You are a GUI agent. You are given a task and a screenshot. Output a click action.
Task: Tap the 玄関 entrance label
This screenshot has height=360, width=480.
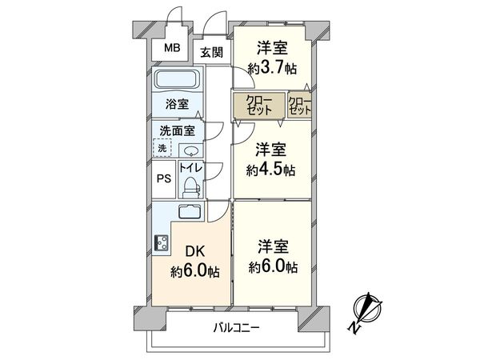pyautogui.click(x=212, y=53)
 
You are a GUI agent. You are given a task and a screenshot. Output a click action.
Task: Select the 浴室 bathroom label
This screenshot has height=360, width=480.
pyautogui.click(x=177, y=104)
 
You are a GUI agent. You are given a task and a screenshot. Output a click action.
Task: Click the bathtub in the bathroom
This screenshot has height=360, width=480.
pyautogui.click(x=177, y=82)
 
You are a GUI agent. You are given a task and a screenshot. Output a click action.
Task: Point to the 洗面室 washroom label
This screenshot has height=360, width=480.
pyautogui.click(x=177, y=130)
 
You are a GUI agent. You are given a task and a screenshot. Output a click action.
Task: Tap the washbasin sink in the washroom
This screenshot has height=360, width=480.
pyautogui.click(x=191, y=152)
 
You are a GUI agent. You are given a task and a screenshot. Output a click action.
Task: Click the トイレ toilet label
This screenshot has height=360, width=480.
pyautogui.click(x=190, y=168)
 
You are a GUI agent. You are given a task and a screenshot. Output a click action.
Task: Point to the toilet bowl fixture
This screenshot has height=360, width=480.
pyautogui.click(x=190, y=186)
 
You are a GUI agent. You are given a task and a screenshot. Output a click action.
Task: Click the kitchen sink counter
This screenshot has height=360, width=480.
pyautogui.click(x=190, y=213)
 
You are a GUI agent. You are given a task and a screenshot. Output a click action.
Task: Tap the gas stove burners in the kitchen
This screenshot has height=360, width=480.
pyautogui.click(x=160, y=243)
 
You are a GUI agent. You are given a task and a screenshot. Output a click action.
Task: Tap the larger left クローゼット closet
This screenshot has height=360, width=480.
pyautogui.click(x=258, y=106)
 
